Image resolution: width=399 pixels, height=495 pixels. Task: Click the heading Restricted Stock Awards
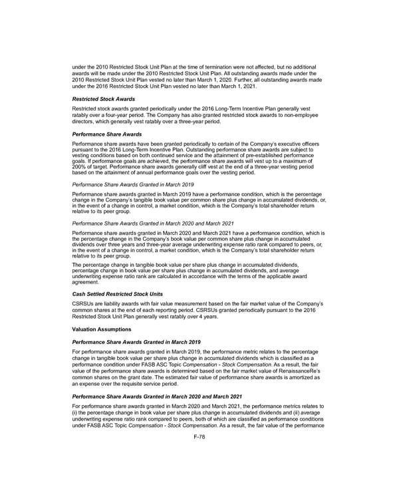(x=102, y=98)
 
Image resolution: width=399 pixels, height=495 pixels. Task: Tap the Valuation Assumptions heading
(x=102, y=329)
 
